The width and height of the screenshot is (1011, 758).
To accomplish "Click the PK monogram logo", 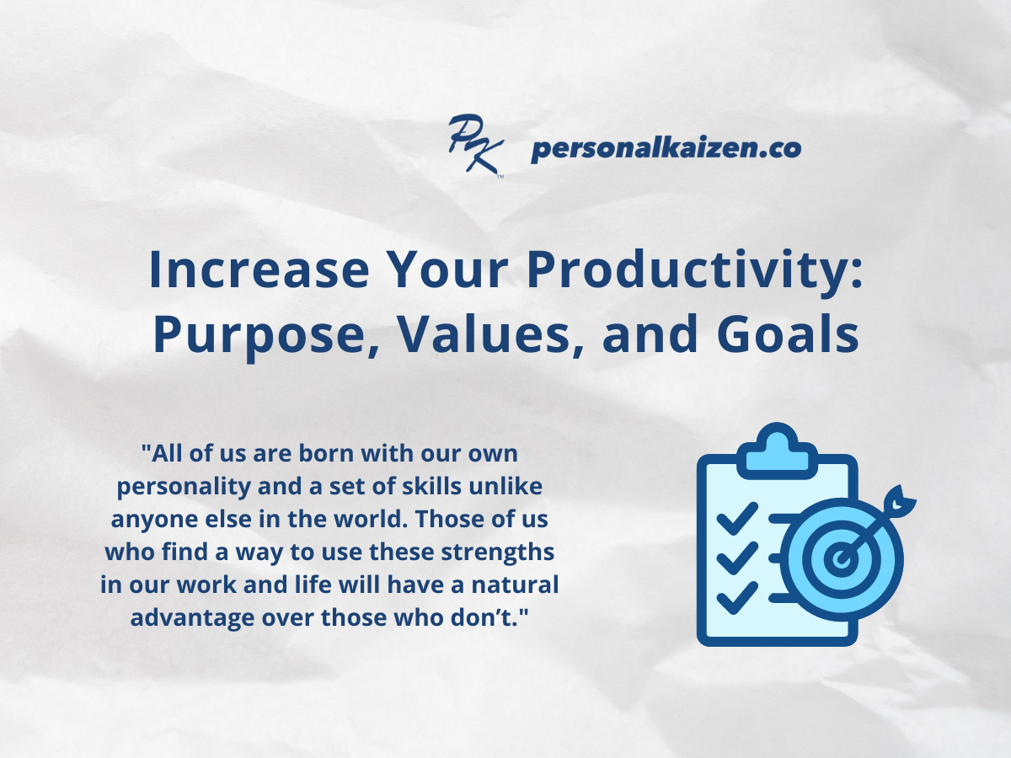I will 475,146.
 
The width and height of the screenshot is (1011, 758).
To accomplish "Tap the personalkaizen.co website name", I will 666,149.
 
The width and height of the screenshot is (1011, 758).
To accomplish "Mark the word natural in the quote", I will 520,585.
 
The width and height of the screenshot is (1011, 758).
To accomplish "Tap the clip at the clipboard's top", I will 776,448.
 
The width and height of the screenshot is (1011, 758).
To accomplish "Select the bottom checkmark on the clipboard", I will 735,597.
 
